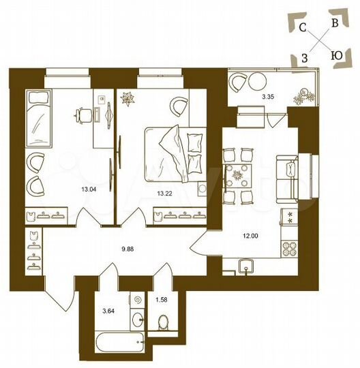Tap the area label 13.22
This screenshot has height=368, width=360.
tap(164, 193)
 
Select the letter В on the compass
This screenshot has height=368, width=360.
tap(334, 22)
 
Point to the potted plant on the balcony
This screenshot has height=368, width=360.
tap(301, 96)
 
